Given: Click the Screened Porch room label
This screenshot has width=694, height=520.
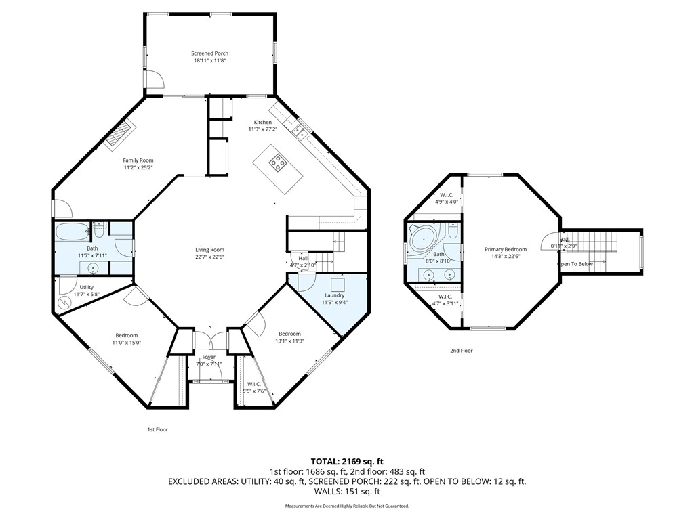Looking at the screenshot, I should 211,53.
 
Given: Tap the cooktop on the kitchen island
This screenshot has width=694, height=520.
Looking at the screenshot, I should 278,162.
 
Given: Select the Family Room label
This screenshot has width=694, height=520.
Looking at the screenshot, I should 138,160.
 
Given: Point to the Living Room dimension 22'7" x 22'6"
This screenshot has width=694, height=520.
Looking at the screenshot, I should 209,257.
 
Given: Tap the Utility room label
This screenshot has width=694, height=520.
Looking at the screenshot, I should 86,287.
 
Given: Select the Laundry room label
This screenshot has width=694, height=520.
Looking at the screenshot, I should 334,295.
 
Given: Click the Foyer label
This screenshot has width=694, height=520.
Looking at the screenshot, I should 209,357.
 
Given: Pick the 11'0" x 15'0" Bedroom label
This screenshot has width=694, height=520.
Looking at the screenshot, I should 126,336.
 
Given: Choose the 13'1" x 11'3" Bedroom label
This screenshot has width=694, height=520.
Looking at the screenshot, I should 289,334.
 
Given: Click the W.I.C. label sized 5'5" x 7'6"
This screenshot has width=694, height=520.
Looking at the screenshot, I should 253,384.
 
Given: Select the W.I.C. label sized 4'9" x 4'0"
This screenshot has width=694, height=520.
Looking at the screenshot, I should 447,194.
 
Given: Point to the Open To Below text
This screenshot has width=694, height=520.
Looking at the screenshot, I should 575,264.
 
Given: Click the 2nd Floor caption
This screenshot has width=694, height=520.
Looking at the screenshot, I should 461,351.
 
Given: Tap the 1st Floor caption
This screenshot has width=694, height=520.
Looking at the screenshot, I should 157,429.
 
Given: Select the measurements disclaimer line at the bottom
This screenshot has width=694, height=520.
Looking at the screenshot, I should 346,506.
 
